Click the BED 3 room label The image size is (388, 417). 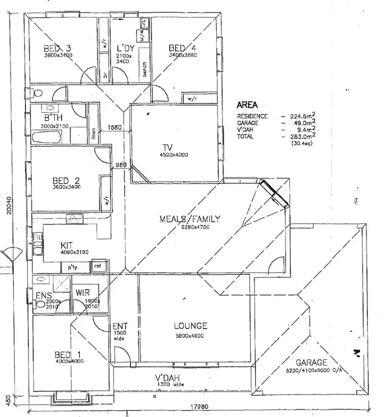[x=57, y=49]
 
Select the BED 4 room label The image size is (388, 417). [x=183, y=49]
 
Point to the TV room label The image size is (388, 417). [x=167, y=147]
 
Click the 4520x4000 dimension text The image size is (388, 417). [x=174, y=155]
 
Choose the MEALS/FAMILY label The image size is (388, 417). [x=189, y=219]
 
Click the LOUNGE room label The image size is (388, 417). [x=190, y=326]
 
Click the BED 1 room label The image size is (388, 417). [x=67, y=355]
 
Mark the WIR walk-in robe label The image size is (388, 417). [x=83, y=292]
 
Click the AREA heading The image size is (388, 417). [x=247, y=105]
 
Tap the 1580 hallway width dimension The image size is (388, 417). [x=114, y=127]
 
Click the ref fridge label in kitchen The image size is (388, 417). [x=97, y=266]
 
